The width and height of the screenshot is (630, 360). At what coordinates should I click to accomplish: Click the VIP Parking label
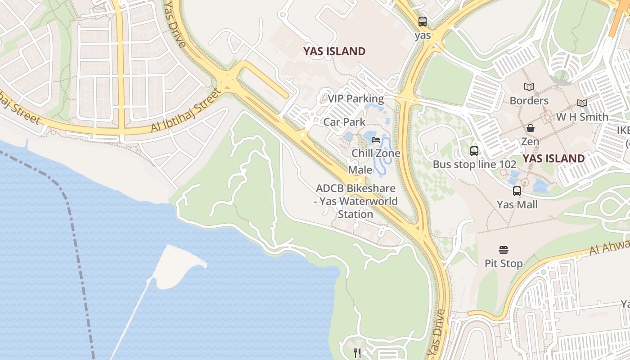[x=355, y=99]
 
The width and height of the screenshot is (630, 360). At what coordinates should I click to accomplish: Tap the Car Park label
[x=344, y=122]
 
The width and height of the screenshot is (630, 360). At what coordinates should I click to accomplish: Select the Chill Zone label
[x=376, y=153]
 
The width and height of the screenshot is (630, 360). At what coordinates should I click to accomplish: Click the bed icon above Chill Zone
[x=376, y=140]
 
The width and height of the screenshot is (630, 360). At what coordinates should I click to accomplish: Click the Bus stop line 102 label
[x=474, y=164]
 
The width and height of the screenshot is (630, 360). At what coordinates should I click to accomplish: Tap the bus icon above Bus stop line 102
[x=474, y=151]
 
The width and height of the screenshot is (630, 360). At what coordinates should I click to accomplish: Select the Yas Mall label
[x=517, y=204]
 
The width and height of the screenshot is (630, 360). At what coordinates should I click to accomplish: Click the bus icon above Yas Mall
[x=517, y=191]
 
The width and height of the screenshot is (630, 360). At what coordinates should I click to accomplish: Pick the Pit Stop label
[x=504, y=263]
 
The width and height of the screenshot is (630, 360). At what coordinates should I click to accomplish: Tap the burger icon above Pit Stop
[x=504, y=250]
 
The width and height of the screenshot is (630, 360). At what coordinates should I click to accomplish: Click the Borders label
[x=529, y=100]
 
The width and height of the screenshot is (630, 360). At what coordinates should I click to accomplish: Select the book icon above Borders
[x=529, y=87]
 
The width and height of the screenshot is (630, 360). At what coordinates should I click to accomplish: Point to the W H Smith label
[x=582, y=117]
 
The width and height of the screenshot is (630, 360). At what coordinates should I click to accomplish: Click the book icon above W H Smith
[x=582, y=103]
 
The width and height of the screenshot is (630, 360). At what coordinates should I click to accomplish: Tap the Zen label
[x=530, y=141]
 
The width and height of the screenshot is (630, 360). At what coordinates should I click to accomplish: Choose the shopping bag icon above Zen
[x=531, y=129]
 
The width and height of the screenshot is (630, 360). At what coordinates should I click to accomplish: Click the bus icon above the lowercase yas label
[x=423, y=21]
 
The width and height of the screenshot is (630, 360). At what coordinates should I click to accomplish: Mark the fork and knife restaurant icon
[x=357, y=353]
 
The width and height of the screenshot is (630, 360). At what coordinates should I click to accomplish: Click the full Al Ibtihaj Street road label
[x=186, y=111]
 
